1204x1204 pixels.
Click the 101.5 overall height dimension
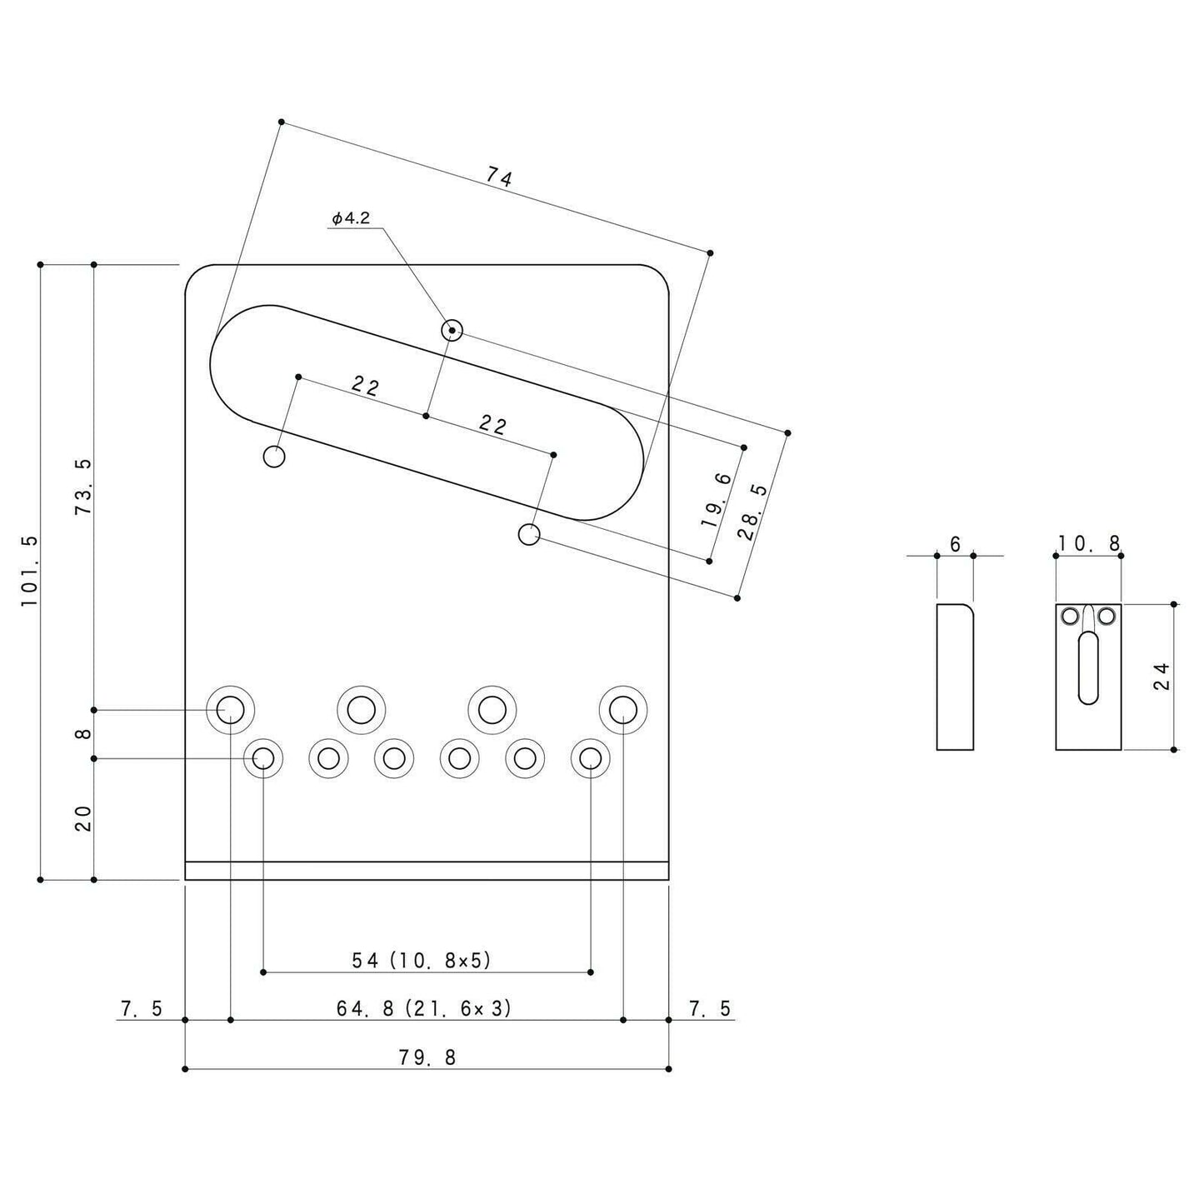coord(29,571)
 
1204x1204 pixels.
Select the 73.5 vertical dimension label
coord(83,486)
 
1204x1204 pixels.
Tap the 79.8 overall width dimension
coord(427,1057)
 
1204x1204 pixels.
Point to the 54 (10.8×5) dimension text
coord(422,960)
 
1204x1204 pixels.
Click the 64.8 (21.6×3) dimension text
coord(424,1008)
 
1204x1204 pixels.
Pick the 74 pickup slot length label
coord(499,177)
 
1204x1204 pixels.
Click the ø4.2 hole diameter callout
coord(350,218)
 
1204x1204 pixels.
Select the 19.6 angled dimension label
coord(717,500)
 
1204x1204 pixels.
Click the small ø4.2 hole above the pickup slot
coord(452,330)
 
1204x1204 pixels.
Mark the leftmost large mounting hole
coord(230,709)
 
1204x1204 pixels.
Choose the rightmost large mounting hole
coord(623,709)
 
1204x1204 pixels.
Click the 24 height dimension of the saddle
coord(1162,676)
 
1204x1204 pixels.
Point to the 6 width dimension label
coord(955,544)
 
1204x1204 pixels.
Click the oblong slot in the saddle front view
coord(1088,667)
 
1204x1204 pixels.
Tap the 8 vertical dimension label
coord(83,734)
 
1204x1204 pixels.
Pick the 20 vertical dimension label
coord(83,818)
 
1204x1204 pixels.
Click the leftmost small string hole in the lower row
coord(263,757)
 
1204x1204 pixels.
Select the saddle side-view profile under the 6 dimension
coord(955,677)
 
